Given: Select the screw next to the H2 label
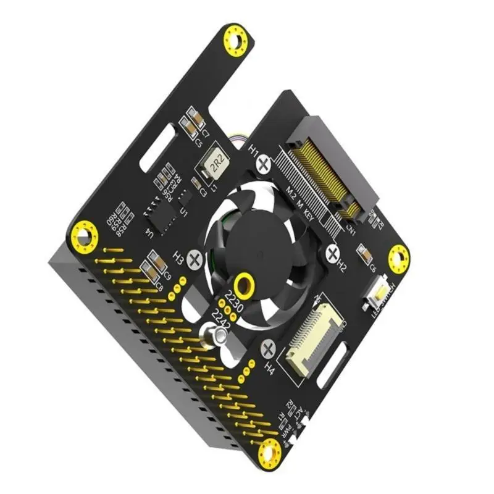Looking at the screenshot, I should click(x=333, y=253).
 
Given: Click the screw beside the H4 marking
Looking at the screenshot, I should click(x=269, y=350).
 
